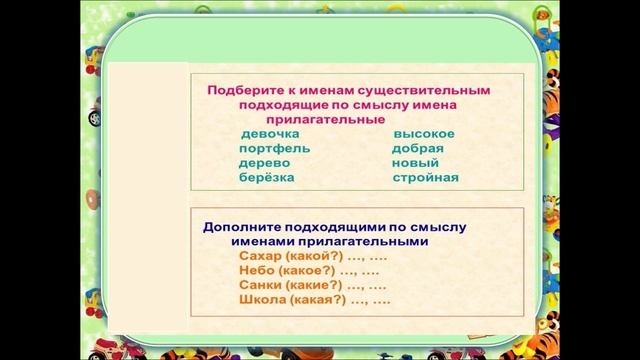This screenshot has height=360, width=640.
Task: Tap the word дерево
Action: click(x=264, y=163)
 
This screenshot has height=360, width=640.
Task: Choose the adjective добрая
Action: click(x=418, y=149)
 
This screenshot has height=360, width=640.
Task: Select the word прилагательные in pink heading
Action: click(x=315, y=117)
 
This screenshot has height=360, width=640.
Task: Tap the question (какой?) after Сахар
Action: click(x=307, y=256)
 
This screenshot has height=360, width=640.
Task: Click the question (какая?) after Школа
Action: click(x=313, y=299)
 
